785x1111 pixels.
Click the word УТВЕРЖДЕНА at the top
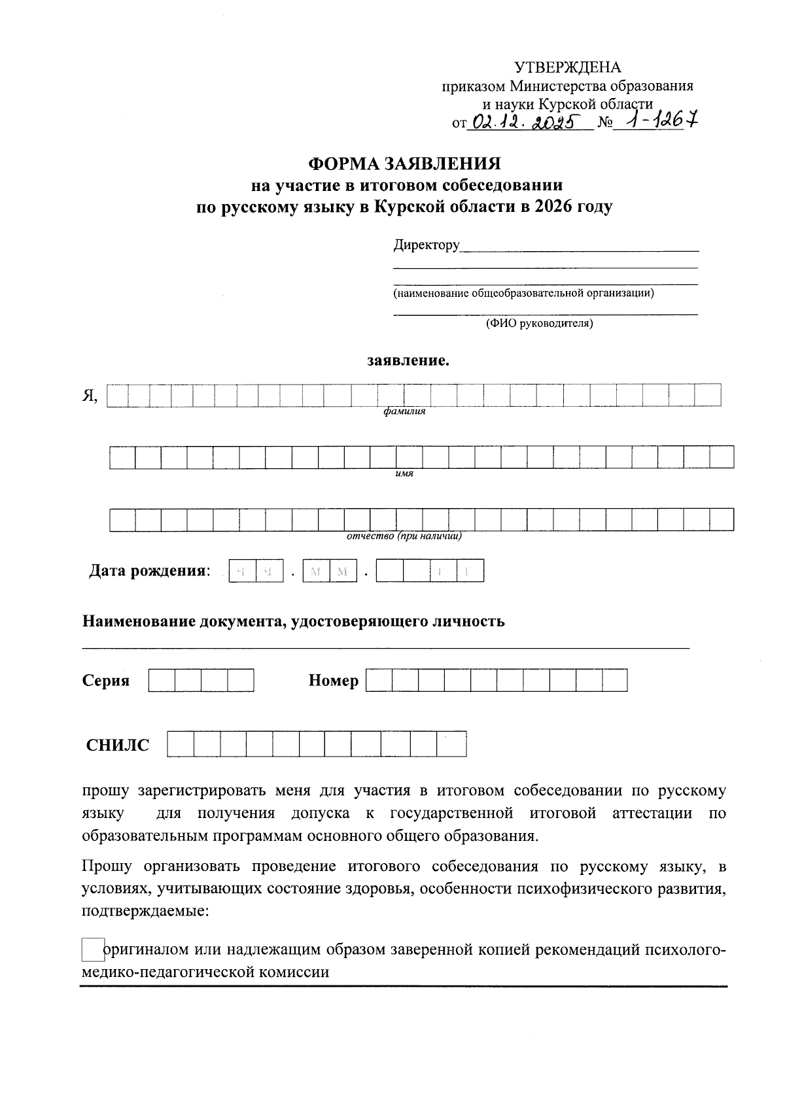point(568,68)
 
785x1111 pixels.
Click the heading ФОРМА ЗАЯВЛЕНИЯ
point(404,163)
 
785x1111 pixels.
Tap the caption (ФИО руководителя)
point(538,324)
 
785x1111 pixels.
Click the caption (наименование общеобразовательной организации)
point(523,293)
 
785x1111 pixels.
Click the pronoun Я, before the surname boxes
point(90,396)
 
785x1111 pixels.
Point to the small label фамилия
point(404,412)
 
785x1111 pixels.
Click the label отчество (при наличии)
point(404,536)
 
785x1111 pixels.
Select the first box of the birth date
point(242,571)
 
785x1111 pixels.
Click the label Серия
point(106,681)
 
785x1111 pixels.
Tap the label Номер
point(334,681)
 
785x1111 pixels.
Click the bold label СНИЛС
point(118,745)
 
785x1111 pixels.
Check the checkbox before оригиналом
point(93,949)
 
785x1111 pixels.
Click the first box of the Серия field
point(162,681)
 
